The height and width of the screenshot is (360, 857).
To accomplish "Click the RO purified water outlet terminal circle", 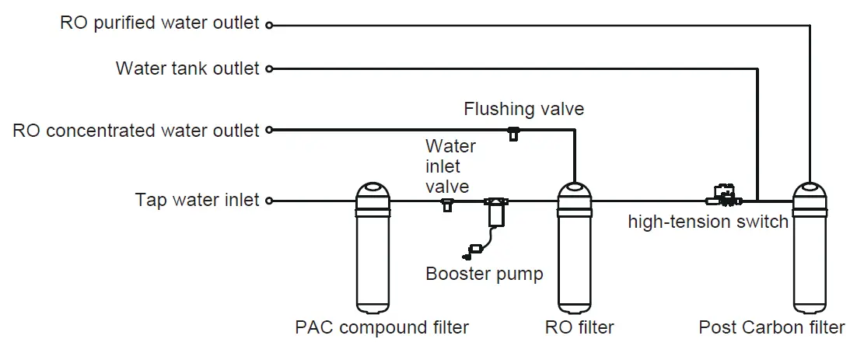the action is pyautogui.click(x=269, y=25).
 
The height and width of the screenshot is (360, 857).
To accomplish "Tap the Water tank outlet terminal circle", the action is pyautogui.click(x=269, y=69).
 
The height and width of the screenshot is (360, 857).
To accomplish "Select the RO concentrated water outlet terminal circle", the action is pyautogui.click(x=269, y=130).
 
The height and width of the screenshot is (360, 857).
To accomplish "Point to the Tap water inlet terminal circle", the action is pyautogui.click(x=269, y=201).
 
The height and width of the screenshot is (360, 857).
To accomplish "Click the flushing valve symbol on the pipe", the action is pyautogui.click(x=513, y=133).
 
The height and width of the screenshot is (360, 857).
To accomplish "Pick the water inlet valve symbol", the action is pyautogui.click(x=448, y=204).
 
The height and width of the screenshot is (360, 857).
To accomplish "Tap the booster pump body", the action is pyautogui.click(x=496, y=212).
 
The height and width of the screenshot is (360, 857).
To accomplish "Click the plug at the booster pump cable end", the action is pyautogui.click(x=472, y=252).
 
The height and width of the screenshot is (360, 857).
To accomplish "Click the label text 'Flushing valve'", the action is pyautogui.click(x=523, y=109).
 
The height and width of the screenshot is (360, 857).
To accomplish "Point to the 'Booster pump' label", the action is pyautogui.click(x=484, y=273).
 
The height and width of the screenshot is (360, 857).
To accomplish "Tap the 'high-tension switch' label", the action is pyautogui.click(x=708, y=222).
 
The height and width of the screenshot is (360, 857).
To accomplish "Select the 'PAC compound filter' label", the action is pyautogui.click(x=382, y=327).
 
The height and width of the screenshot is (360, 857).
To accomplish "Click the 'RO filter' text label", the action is pyautogui.click(x=579, y=327).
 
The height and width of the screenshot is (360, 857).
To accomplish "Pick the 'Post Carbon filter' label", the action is pyautogui.click(x=771, y=327).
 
